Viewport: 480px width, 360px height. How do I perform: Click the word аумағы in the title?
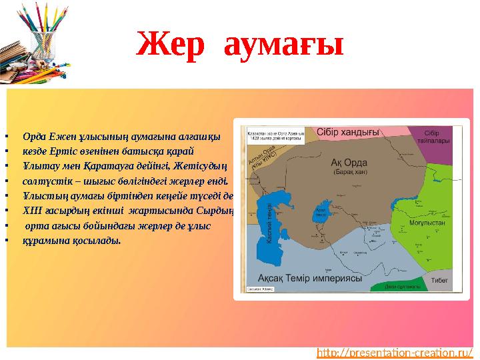click(283, 45)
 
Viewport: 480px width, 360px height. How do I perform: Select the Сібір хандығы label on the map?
click(348, 131)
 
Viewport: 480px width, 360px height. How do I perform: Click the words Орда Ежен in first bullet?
click(41, 137)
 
